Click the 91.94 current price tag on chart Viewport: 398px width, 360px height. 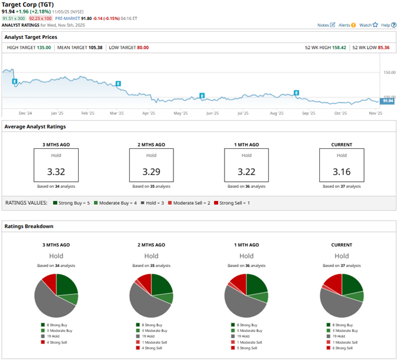(387, 101)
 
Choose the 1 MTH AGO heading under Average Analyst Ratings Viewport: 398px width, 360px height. (246, 144)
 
